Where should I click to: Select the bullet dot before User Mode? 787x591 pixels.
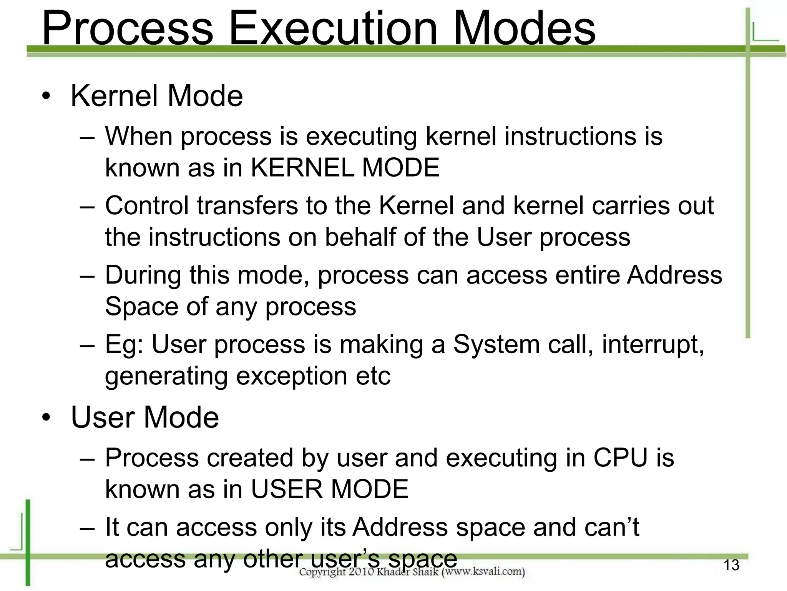[46, 418]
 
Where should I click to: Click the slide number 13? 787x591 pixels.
[731, 565]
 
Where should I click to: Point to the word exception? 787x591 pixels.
[292, 376]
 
